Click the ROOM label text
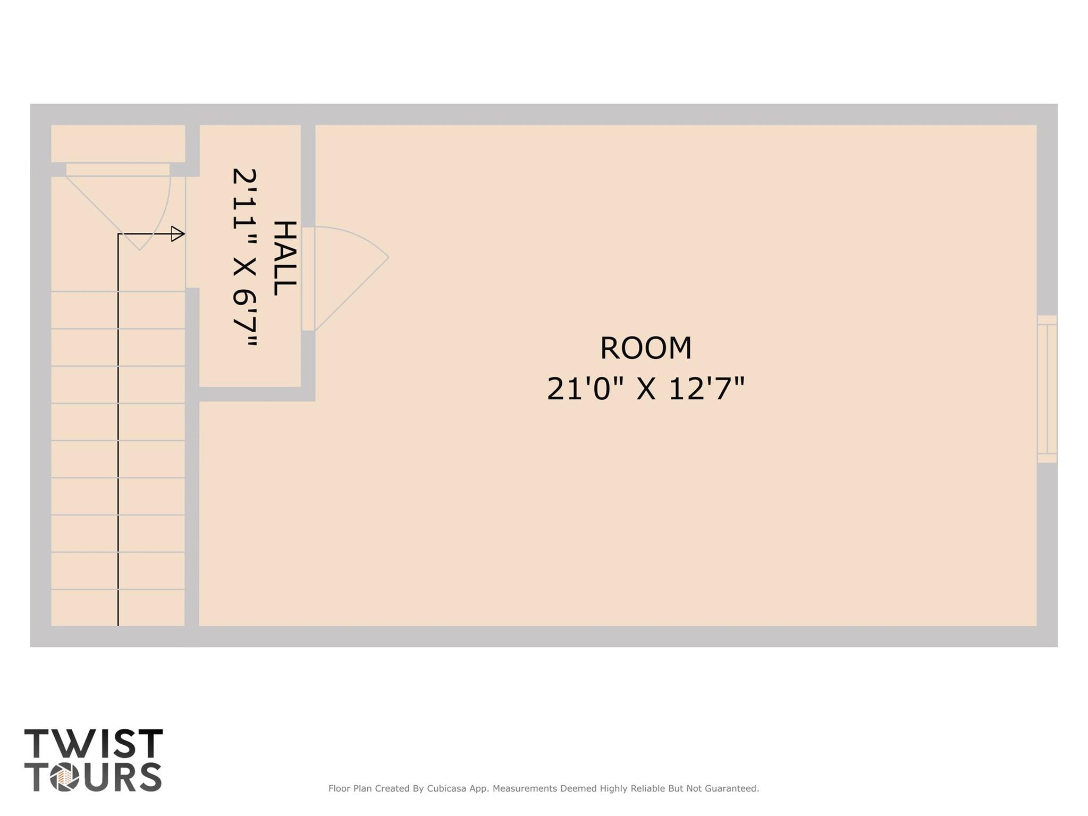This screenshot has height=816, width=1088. tap(645, 348)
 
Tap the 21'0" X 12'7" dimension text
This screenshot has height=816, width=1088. tap(645, 389)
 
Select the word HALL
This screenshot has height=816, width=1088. tap(284, 258)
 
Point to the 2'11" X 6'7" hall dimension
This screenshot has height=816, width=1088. tap(245, 257)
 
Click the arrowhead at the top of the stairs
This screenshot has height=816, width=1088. tap(178, 234)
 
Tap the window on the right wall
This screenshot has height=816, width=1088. tap(1047, 389)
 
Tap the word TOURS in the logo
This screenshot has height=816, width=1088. tap(94, 777)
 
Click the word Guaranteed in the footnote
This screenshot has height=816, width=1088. tap(731, 788)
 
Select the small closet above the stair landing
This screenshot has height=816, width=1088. tap(118, 143)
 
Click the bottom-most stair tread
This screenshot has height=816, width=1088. tap(118, 608)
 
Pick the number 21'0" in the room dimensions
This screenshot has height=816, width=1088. tap(585, 389)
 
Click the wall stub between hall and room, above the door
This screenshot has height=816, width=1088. tap(308, 175)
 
